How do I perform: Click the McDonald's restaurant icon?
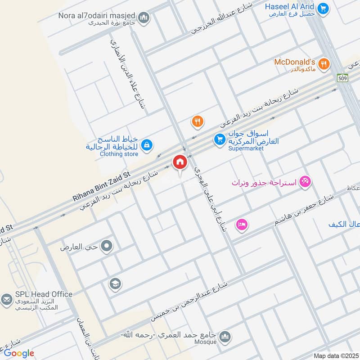tap(323, 65)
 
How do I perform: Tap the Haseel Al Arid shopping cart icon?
tap(322, 8)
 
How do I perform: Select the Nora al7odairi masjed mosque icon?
tap(144, 18)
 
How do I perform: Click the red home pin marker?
tap(180, 162)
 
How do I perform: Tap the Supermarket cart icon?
tap(220, 139)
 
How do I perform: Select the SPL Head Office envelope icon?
tap(7, 299)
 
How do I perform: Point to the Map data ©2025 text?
tap(335, 356)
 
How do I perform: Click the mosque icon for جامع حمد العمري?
tap(225, 337)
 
